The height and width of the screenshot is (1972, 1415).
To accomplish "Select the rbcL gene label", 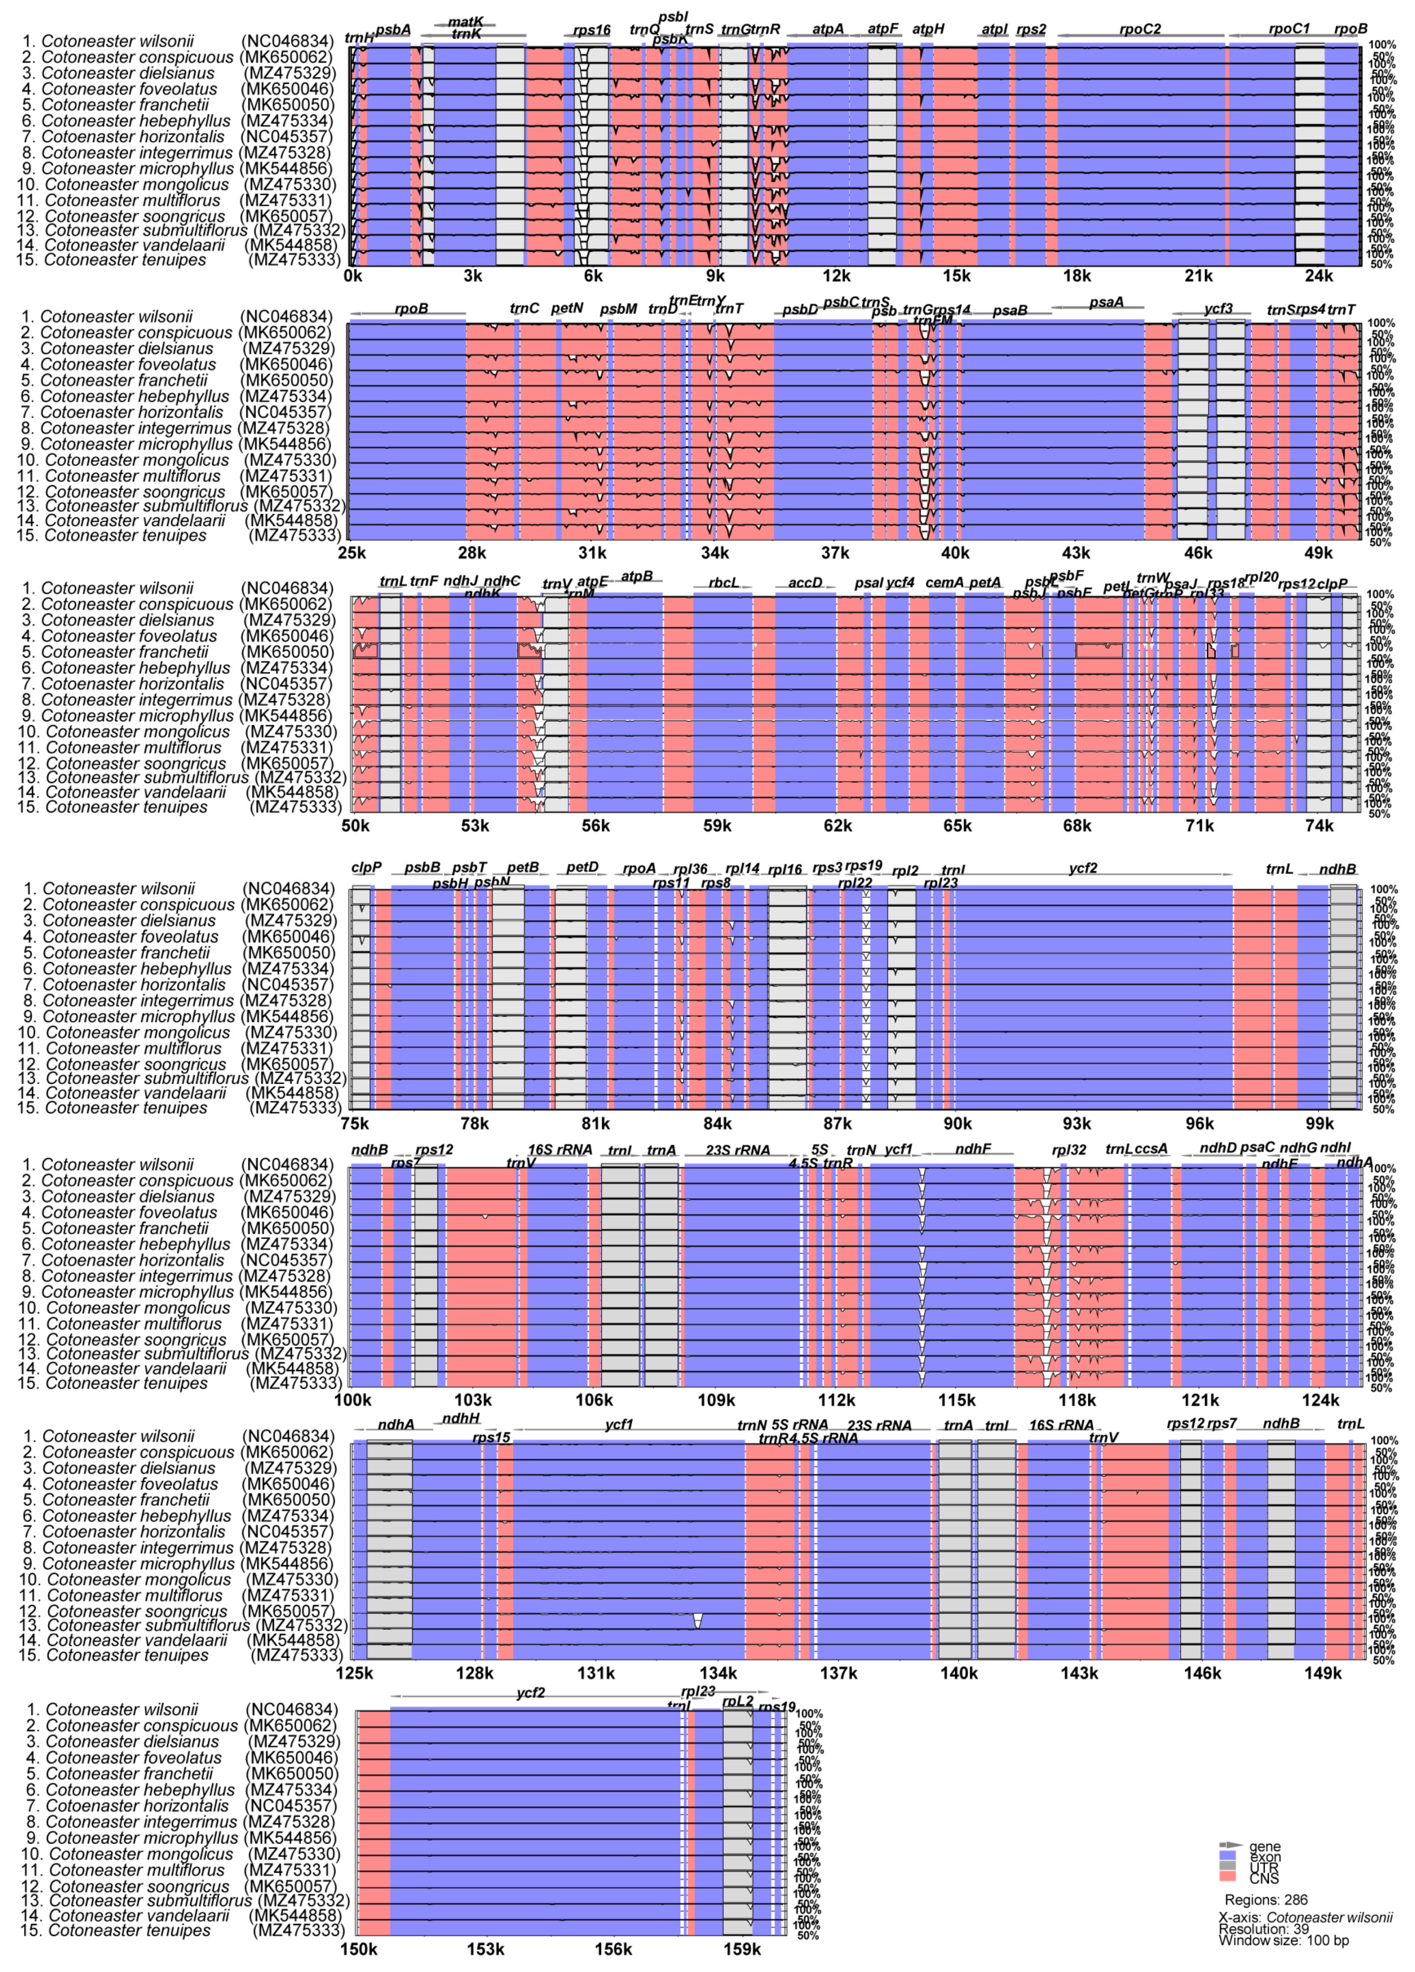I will (723, 582).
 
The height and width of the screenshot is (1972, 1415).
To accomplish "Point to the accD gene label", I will (805, 582).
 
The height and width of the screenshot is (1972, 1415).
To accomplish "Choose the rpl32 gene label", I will (1068, 1149).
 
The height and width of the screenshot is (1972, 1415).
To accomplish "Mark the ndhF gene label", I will (972, 1149).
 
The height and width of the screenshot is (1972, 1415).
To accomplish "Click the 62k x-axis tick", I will (837, 825).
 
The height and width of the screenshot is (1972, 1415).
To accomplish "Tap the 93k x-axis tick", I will (1077, 1123).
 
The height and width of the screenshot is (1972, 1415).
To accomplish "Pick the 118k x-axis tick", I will (1077, 1400).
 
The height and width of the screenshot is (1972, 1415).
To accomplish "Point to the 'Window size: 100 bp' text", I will (1283, 1940).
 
